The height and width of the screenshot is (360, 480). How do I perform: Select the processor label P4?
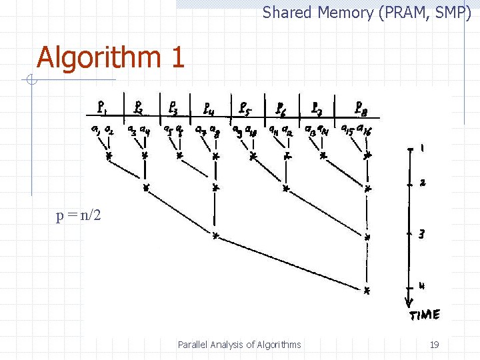point(208,107)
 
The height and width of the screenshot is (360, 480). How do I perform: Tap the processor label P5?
point(244,107)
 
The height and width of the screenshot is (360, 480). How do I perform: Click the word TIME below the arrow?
point(424,314)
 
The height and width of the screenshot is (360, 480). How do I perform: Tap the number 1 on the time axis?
point(421,149)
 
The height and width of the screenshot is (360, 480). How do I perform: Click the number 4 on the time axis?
point(421,286)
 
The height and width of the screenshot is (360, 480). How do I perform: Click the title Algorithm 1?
point(110,57)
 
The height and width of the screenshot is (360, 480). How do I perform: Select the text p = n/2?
point(79,216)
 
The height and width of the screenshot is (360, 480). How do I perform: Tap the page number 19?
point(434,345)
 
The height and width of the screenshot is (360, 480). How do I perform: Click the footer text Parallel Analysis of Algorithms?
point(239,345)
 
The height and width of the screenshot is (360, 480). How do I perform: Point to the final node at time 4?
point(367,290)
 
